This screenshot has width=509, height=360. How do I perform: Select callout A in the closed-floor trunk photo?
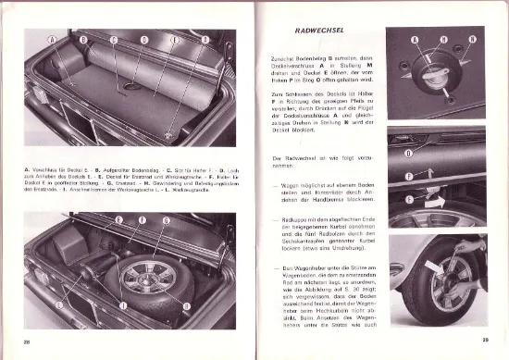click(54, 40)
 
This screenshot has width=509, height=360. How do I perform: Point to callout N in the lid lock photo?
click(472, 40)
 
